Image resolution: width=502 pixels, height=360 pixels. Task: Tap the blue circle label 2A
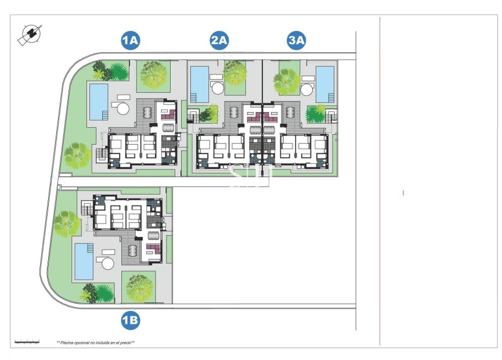[x=219, y=40]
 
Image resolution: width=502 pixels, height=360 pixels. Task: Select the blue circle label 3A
[x=297, y=40]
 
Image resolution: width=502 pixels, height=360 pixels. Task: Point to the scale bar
[x=27, y=342]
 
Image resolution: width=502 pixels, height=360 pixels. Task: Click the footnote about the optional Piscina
[x=96, y=343]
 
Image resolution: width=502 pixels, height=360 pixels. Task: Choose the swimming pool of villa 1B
[x=84, y=261]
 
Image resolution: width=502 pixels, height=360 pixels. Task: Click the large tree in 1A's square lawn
[x=154, y=75]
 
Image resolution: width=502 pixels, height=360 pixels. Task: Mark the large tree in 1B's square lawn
[x=139, y=287]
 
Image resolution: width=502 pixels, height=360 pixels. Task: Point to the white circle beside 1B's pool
[x=108, y=264]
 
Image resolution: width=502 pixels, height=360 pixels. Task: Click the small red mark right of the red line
[x=403, y=192]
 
